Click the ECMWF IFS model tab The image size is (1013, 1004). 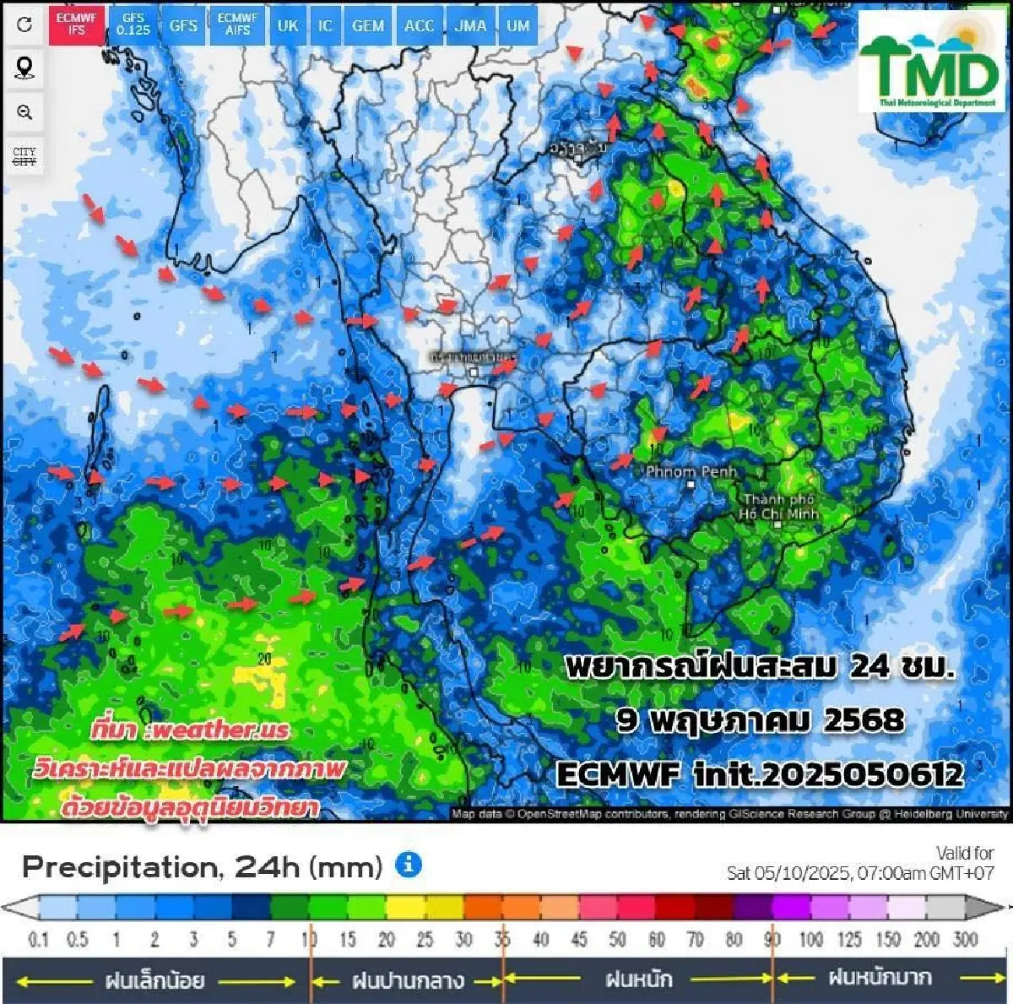[x=77, y=24]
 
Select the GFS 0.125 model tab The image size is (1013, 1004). [x=133, y=24]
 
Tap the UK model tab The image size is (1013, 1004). [x=288, y=25]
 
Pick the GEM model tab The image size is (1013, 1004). [x=368, y=25]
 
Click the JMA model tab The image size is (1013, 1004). [x=470, y=25]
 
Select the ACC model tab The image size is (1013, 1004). [x=419, y=25]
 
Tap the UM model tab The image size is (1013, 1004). [x=518, y=25]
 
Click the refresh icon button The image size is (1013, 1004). [x=24, y=24]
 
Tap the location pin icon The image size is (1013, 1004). [x=24, y=68]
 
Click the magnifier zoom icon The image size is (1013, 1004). [x=24, y=112]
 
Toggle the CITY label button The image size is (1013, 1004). [x=24, y=156]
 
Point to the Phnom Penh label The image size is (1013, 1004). [x=691, y=472]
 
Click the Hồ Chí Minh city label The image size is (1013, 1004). [x=778, y=507]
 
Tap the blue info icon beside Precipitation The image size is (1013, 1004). [x=409, y=865]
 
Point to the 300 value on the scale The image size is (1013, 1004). [x=965, y=939]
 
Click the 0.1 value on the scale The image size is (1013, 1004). [x=38, y=939]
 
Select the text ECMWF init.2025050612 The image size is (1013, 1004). [x=759, y=773]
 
